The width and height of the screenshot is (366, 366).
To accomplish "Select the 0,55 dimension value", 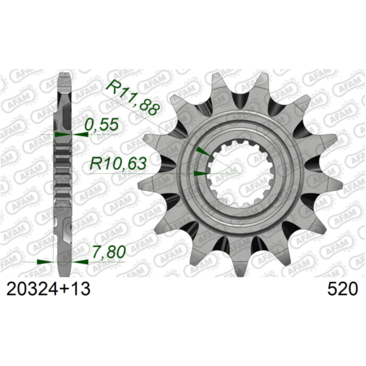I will pos(98,125).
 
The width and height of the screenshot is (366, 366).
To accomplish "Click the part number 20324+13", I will pos(49,289).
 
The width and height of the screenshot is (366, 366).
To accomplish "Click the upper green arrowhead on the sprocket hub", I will pos(202,151).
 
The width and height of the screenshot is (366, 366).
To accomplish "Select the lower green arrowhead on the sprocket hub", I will pos(198,174).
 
